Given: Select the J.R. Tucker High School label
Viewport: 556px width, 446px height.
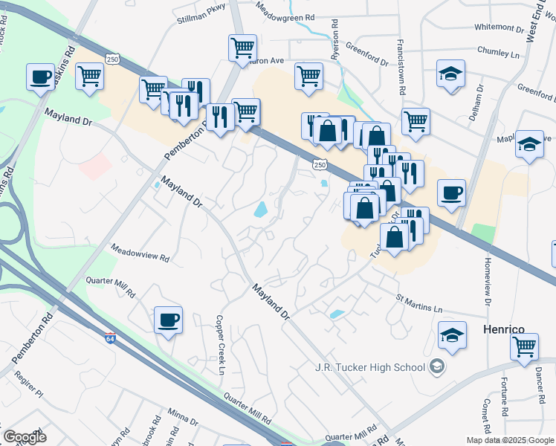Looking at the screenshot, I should click(369, 366).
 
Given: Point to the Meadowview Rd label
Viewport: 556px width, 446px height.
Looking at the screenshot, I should click(140, 255).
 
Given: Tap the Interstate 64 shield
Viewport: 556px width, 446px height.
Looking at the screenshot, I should click(110, 337).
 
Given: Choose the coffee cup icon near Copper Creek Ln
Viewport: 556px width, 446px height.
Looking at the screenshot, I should click(168, 320).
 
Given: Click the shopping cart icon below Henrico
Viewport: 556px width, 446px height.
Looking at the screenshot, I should click(524, 346).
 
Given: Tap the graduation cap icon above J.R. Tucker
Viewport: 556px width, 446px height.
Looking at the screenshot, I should click(452, 334).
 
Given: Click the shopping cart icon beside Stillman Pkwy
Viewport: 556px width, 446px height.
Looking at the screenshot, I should click(243, 48).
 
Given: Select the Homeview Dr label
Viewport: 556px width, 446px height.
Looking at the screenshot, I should click(488, 282).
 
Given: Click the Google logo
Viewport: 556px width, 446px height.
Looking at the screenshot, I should click(25, 437).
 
